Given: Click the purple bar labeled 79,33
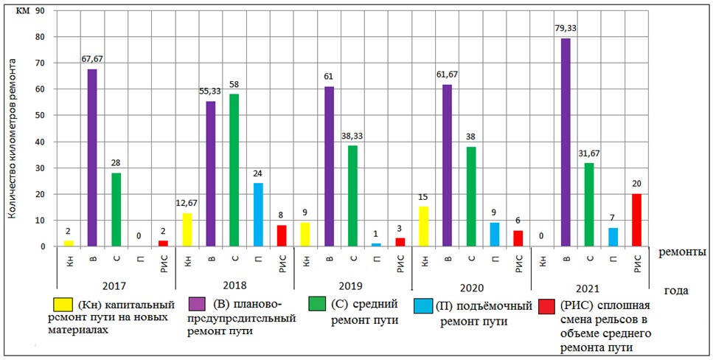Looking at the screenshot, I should click(x=566, y=142).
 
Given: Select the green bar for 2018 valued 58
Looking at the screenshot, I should click(x=234, y=170).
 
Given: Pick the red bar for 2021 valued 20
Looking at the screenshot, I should click(x=636, y=220).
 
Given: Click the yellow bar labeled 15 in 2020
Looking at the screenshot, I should click(x=423, y=226).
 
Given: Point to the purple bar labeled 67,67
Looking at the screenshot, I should click(x=92, y=157).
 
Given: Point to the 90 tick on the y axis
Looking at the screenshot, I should click(x=39, y=11).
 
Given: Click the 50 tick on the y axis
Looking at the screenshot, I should click(x=39, y=116).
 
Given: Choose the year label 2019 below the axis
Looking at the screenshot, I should click(x=352, y=285).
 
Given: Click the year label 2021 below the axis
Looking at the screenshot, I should click(x=590, y=285).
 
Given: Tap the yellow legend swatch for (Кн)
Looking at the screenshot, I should click(x=63, y=303).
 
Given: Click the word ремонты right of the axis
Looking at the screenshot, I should click(x=682, y=252).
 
